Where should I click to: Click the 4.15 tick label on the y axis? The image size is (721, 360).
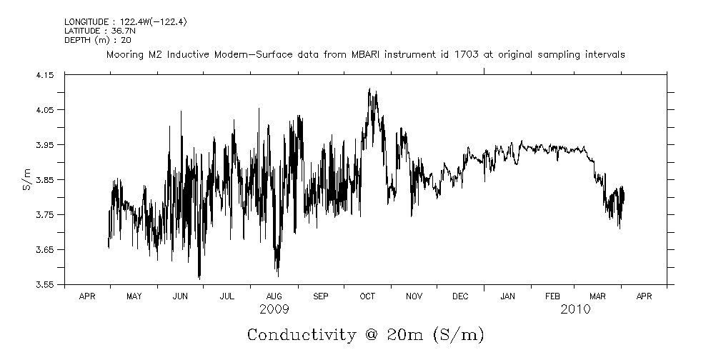(45, 75)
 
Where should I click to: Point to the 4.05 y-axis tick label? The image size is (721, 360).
(45, 110)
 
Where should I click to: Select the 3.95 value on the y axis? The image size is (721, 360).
(45, 145)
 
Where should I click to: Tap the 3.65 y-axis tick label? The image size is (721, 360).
(45, 250)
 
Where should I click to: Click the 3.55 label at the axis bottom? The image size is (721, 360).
(45, 284)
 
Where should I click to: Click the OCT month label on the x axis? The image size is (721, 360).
(367, 296)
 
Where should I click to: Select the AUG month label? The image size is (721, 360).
(274, 296)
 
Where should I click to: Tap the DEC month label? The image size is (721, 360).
(460, 296)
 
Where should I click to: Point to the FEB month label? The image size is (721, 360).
(553, 296)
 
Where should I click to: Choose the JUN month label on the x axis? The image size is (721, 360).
(181, 296)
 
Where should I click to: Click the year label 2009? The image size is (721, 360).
(274, 309)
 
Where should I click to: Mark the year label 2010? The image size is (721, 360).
(576, 309)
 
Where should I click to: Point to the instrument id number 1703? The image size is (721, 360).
(481, 55)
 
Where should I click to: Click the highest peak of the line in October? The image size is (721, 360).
(369, 89)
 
